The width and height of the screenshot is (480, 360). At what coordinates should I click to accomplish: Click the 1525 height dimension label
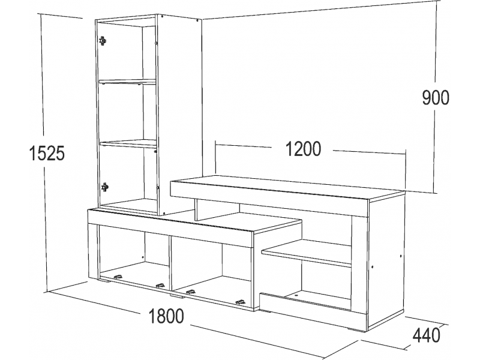pos(47,153)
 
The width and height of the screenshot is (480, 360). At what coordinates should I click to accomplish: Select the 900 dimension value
pos(436,98)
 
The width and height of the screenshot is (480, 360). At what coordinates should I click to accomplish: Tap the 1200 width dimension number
pos(304,149)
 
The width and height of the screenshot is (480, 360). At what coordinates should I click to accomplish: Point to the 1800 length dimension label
pos(166,316)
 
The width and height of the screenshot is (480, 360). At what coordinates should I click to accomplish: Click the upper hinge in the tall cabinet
pos(103,40)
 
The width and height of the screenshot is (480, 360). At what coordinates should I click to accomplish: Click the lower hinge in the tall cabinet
pos(104,187)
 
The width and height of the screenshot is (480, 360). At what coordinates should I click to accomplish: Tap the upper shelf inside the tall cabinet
pos(127,82)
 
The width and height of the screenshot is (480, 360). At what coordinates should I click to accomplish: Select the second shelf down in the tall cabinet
pos(128,143)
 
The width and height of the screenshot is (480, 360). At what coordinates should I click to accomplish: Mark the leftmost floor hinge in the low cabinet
pos(118,277)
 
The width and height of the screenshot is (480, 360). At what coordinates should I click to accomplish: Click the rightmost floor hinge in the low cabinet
pos(241,302)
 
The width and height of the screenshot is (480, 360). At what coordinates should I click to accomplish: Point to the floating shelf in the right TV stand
pos(306,253)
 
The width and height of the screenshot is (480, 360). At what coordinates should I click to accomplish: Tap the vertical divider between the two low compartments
pos(170,263)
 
